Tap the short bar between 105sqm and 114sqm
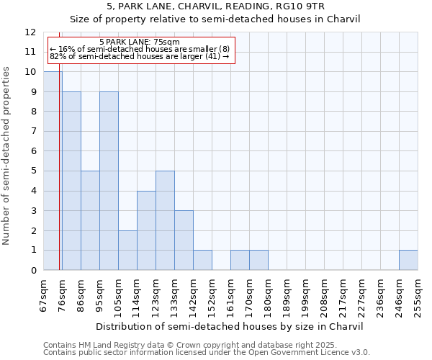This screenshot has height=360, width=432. pos(127,250)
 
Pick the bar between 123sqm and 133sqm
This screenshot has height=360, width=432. pos(165,220)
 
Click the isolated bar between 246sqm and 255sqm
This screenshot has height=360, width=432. pos(408,260)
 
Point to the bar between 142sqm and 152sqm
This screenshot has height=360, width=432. pos(202,260)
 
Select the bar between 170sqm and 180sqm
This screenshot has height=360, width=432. pos(258,260)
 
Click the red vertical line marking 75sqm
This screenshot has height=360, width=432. pos(59,180)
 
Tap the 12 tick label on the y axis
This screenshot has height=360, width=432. pos(30,32)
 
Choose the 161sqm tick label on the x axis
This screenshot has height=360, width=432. pos(230,295)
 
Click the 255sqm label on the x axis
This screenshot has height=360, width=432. pos(418,295)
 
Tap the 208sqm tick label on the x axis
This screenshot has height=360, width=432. pos(324,295)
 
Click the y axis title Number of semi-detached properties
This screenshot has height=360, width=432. pos(7,156)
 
